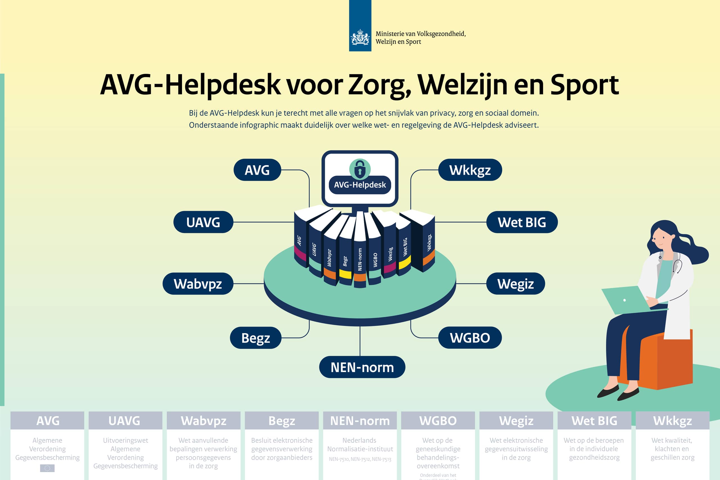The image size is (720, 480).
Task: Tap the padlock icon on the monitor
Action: [x=360, y=169]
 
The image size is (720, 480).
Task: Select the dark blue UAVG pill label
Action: [x=203, y=222]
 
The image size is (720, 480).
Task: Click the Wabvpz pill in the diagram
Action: [x=198, y=284]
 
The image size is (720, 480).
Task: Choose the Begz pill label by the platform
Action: [x=256, y=338]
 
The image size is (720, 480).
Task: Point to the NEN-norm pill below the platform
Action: [x=362, y=367]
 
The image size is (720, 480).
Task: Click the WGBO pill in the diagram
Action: [x=470, y=338]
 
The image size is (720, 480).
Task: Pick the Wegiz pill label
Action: [x=516, y=284]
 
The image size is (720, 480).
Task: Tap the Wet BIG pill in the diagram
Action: [x=522, y=222]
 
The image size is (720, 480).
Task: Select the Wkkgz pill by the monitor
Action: [x=470, y=170]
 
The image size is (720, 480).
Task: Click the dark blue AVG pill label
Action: [x=257, y=170]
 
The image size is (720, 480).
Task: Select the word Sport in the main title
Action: [x=584, y=85]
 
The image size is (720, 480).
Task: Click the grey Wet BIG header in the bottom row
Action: [x=594, y=421]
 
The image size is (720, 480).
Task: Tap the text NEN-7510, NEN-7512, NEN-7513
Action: [x=360, y=459]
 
